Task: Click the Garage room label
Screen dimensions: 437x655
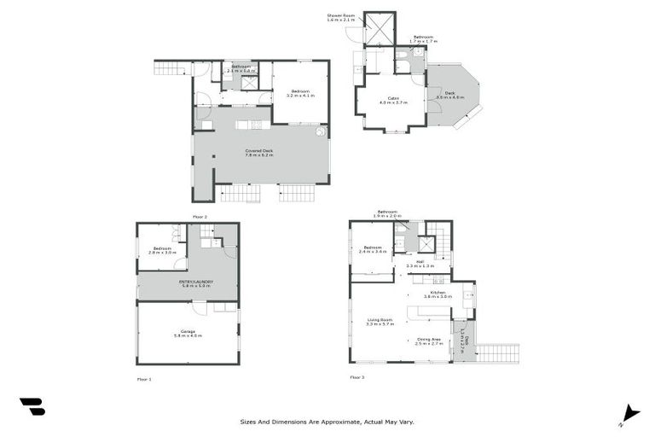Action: (188, 333)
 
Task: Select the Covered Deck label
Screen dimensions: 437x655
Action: (259, 153)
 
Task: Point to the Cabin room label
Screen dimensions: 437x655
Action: (393, 100)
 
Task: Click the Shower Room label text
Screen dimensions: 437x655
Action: (340, 17)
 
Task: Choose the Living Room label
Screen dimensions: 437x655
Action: (380, 322)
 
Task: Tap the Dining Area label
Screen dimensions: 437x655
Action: (430, 341)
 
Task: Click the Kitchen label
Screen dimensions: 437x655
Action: (438, 294)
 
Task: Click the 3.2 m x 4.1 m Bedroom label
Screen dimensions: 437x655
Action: (300, 93)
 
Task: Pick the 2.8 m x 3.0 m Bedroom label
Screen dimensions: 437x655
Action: (163, 250)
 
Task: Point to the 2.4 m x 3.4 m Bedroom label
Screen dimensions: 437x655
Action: (373, 250)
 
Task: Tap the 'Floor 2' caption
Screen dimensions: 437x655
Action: (200, 218)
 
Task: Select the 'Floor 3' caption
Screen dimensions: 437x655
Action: (356, 376)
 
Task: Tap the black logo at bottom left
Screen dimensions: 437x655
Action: (32, 407)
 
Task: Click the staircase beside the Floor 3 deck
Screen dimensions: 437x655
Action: (497, 352)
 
